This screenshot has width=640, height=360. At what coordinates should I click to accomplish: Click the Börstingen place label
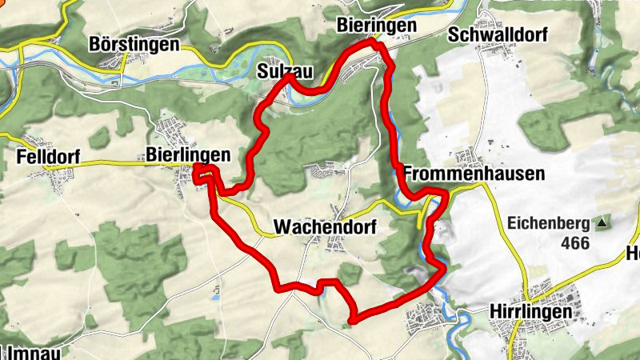coord(134,44)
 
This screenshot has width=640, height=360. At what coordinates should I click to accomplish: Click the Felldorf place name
coord(48,158)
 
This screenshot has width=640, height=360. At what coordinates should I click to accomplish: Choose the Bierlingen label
coord(189,154)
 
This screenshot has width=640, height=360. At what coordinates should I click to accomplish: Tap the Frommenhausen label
coord(474,174)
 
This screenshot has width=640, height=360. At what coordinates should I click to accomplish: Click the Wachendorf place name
coord(324,227)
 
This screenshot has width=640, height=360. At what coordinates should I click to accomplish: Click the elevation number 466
coord(574,243)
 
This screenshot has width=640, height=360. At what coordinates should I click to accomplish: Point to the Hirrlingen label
coord(530,311)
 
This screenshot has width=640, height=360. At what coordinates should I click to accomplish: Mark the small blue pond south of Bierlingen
coord(214,297)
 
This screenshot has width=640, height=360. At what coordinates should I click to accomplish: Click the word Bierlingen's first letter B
coord(152,154)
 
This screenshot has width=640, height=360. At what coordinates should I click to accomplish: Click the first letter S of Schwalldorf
coord(454,35)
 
